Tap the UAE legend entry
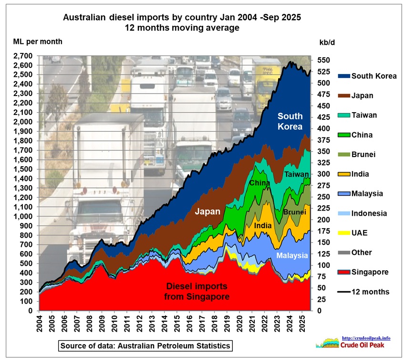[359, 233]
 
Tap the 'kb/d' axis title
[325, 42]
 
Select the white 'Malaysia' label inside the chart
[292, 255]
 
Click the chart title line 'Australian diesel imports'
[182, 18]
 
